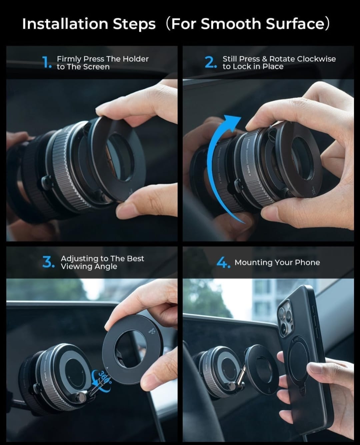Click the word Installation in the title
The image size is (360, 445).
(x=65, y=24)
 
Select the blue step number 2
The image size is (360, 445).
(x=210, y=62)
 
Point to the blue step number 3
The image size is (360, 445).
(x=48, y=262)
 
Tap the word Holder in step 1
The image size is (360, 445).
(x=135, y=59)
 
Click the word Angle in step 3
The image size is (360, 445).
(x=107, y=266)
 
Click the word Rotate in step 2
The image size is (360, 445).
(x=282, y=59)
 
